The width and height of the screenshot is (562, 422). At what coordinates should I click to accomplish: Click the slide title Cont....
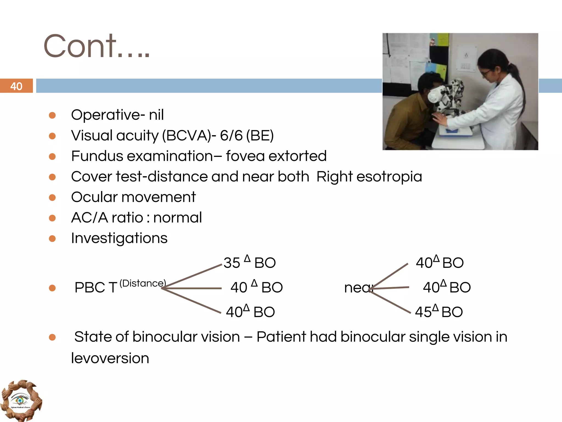tap(96, 46)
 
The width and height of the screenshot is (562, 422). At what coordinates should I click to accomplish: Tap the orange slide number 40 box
tap(16, 86)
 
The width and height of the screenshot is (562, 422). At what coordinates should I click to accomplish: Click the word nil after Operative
tap(156, 115)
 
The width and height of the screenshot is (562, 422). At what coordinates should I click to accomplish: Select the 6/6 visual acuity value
tap(231, 135)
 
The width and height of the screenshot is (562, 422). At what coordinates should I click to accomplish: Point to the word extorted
tap(297, 156)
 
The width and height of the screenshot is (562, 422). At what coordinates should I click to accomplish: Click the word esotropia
tap(389, 177)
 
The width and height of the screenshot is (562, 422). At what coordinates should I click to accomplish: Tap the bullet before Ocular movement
tap(52, 198)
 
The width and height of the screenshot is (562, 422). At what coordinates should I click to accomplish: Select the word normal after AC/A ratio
tap(177, 218)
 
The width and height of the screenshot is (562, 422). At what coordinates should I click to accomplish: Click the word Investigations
tap(119, 238)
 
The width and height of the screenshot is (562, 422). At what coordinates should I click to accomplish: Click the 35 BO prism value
tap(249, 262)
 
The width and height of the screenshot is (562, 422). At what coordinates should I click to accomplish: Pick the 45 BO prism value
tap(439, 312)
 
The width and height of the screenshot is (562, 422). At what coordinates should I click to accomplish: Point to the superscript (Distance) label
tap(143, 283)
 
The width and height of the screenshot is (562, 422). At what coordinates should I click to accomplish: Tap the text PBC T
tap(96, 288)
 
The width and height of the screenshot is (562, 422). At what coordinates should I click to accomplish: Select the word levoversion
tap(110, 358)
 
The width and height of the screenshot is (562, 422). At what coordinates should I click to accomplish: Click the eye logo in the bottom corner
tap(21, 400)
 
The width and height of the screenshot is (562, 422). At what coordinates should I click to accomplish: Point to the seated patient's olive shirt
tap(406, 121)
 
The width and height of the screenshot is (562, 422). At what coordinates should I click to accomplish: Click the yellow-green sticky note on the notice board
tap(442, 40)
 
